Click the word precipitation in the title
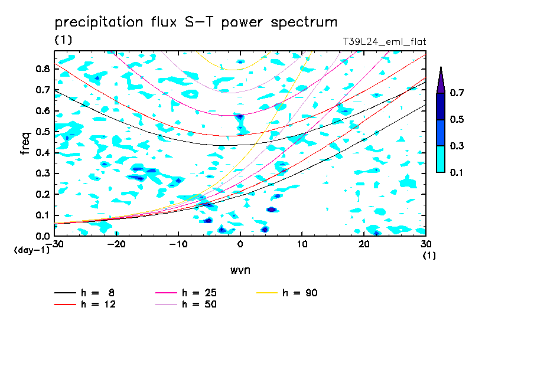[x=99, y=22]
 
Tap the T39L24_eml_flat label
[x=384, y=42]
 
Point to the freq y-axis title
[x=25, y=143]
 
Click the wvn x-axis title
[x=240, y=270]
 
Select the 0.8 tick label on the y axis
[x=43, y=68]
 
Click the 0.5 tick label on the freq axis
[x=43, y=132]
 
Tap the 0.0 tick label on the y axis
[x=43, y=236]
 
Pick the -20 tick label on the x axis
[x=116, y=244]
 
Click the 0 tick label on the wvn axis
[x=240, y=244]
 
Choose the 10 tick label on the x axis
[x=302, y=244]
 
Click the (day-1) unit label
[x=32, y=250]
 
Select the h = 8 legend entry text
[x=97, y=293]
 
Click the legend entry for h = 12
[x=99, y=305]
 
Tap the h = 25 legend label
[x=199, y=293]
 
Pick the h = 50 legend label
[x=199, y=305]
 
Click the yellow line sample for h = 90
[x=266, y=293]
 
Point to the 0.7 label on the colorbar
[x=457, y=93]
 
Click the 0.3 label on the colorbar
[x=457, y=146]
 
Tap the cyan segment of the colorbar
[x=441, y=159]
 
